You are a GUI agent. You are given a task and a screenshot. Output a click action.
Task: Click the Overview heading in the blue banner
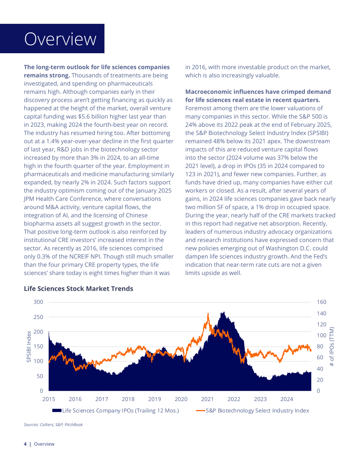[x=60, y=39]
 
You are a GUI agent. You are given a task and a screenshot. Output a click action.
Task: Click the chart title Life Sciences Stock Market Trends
[x=79, y=289]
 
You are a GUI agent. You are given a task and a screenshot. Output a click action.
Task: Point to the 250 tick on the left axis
[x=38, y=317]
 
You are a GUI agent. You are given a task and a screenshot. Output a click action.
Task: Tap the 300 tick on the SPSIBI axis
[x=38, y=302]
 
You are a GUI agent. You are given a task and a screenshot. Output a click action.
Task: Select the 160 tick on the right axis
[x=322, y=302]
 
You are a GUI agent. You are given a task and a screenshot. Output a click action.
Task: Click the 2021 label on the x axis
[x=207, y=399]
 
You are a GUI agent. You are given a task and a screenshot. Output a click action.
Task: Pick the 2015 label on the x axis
[x=49, y=399]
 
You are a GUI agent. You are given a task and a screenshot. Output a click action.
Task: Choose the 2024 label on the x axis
[x=287, y=399]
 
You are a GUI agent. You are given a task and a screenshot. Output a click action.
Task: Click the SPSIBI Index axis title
[x=29, y=347]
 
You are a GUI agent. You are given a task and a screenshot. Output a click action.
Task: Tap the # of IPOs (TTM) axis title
[x=332, y=347]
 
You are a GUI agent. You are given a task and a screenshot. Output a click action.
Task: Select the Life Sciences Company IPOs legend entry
[x=116, y=410]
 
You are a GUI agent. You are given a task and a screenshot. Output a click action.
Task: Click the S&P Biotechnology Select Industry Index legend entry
[x=253, y=410]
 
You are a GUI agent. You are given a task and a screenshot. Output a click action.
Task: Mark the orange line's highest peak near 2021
[x=208, y=313]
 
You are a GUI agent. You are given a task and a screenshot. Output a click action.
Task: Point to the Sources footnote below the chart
[x=53, y=425]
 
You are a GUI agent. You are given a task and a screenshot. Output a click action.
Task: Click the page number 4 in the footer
[x=25, y=444]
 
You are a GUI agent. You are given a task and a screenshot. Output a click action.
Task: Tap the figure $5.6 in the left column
[x=85, y=117]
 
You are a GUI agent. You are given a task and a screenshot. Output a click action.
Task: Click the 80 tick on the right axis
[x=320, y=347]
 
